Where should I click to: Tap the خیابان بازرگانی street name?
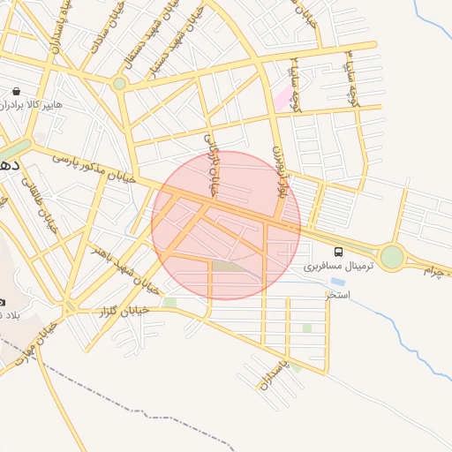click(211, 164)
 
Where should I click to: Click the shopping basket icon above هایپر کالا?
click(18, 91)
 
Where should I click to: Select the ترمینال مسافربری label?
click(339, 266)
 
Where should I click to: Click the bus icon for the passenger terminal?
click(339, 252)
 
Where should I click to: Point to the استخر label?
click(337, 294)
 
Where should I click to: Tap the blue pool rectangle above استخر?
click(337, 282)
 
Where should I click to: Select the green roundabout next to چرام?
click(392, 257)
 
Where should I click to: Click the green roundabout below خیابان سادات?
click(119, 84)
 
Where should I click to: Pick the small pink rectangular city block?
click(282, 99)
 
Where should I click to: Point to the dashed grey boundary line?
click(132, 411)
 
